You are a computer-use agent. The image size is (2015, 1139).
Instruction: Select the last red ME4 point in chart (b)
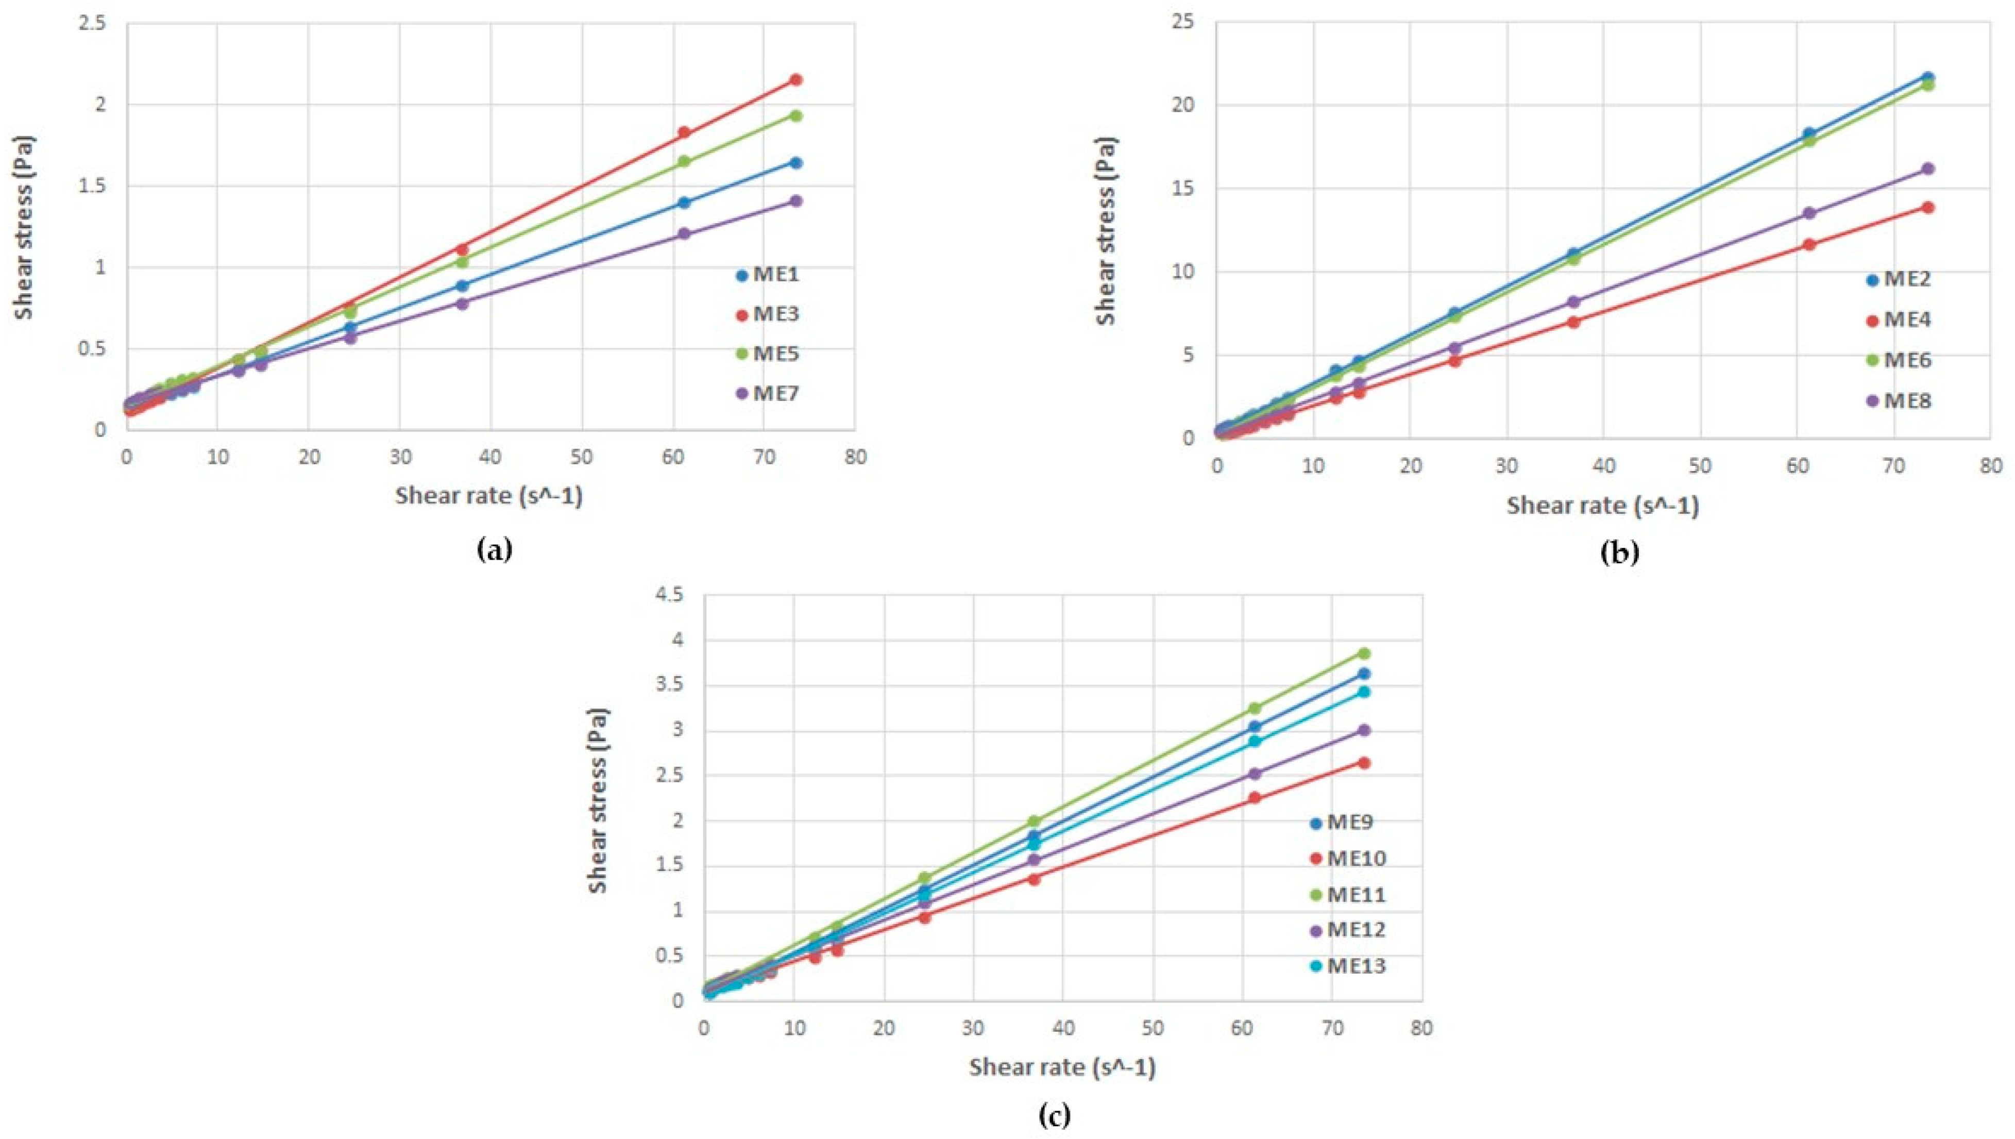click(x=1927, y=207)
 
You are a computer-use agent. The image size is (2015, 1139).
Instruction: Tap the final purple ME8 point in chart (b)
click(x=1927, y=168)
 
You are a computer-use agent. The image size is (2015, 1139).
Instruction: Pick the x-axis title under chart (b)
click(x=1603, y=506)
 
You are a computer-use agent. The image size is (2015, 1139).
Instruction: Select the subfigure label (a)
click(x=495, y=550)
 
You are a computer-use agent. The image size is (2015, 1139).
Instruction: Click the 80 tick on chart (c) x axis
click(x=1421, y=1028)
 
